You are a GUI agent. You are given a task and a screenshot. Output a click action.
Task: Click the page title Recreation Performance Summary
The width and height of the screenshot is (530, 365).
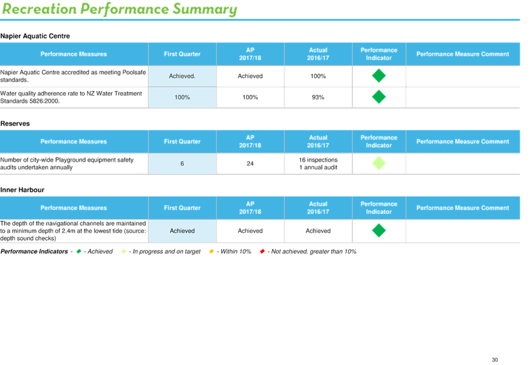pos(119,9)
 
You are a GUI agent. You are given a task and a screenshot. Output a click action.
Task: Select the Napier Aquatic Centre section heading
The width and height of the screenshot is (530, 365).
pos(35,36)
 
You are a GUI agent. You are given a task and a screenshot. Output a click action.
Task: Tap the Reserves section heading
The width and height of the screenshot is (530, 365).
pos(15,124)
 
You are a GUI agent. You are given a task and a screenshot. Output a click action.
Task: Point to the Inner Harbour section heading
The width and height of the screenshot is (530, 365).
pos(22,190)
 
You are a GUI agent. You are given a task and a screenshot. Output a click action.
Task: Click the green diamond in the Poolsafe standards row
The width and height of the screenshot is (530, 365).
pos(379,76)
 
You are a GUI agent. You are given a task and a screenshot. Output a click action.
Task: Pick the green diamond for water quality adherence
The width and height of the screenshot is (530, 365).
pos(379,97)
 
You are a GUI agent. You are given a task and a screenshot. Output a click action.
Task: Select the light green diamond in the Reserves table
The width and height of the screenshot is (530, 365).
pos(379,164)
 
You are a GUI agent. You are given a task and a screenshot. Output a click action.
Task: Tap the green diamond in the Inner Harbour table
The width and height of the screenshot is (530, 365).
pos(379,230)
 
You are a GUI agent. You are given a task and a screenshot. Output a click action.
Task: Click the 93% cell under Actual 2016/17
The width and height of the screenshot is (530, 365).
pos(318,97)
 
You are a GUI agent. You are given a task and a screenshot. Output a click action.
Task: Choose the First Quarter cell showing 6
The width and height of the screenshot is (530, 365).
pos(182,164)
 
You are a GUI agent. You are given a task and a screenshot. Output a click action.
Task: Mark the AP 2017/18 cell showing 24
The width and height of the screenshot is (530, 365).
pos(250,164)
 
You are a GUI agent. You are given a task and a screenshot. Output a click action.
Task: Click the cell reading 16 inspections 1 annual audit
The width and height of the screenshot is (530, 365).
pos(318,164)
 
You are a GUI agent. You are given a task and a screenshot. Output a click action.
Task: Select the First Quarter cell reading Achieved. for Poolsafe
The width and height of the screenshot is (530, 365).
pos(182,76)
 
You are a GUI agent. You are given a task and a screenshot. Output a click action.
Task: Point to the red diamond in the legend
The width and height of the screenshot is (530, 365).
pos(262,251)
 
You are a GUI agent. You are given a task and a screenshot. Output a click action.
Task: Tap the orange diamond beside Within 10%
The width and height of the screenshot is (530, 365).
pos(211,251)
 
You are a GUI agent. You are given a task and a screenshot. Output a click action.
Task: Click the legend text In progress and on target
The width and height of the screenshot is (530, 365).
pos(166,251)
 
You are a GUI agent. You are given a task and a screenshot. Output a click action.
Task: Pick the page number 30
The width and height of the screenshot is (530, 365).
pos(495,360)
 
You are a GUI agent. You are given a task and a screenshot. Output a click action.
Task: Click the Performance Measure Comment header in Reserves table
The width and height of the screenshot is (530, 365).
pos(463,141)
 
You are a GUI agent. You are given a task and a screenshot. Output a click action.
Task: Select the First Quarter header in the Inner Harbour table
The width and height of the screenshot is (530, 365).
pos(182,208)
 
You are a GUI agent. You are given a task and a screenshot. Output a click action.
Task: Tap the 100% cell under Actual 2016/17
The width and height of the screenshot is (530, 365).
pos(318,76)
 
